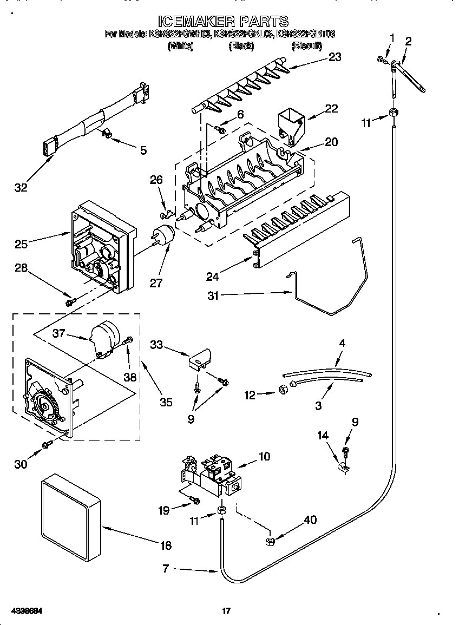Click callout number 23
(335, 57)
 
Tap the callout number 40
(310, 520)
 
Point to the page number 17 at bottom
(226, 611)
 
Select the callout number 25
(21, 244)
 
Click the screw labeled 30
(47, 444)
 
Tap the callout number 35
(166, 402)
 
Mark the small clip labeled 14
(342, 464)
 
